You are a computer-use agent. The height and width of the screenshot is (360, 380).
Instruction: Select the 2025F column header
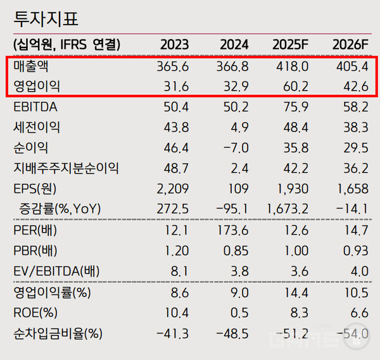(x=290, y=45)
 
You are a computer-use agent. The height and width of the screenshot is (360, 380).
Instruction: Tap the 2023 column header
(x=174, y=45)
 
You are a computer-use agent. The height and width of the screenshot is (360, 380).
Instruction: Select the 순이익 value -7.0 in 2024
(x=235, y=147)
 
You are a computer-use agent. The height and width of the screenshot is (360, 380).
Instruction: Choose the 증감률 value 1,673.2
(x=288, y=209)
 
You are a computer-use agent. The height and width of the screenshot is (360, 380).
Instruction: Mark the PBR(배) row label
(x=37, y=251)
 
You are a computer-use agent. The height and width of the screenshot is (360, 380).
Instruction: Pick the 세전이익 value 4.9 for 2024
(x=239, y=127)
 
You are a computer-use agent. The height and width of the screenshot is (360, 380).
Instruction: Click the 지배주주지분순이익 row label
(x=66, y=168)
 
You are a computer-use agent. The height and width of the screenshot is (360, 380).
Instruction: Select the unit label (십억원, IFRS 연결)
(x=66, y=45)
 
